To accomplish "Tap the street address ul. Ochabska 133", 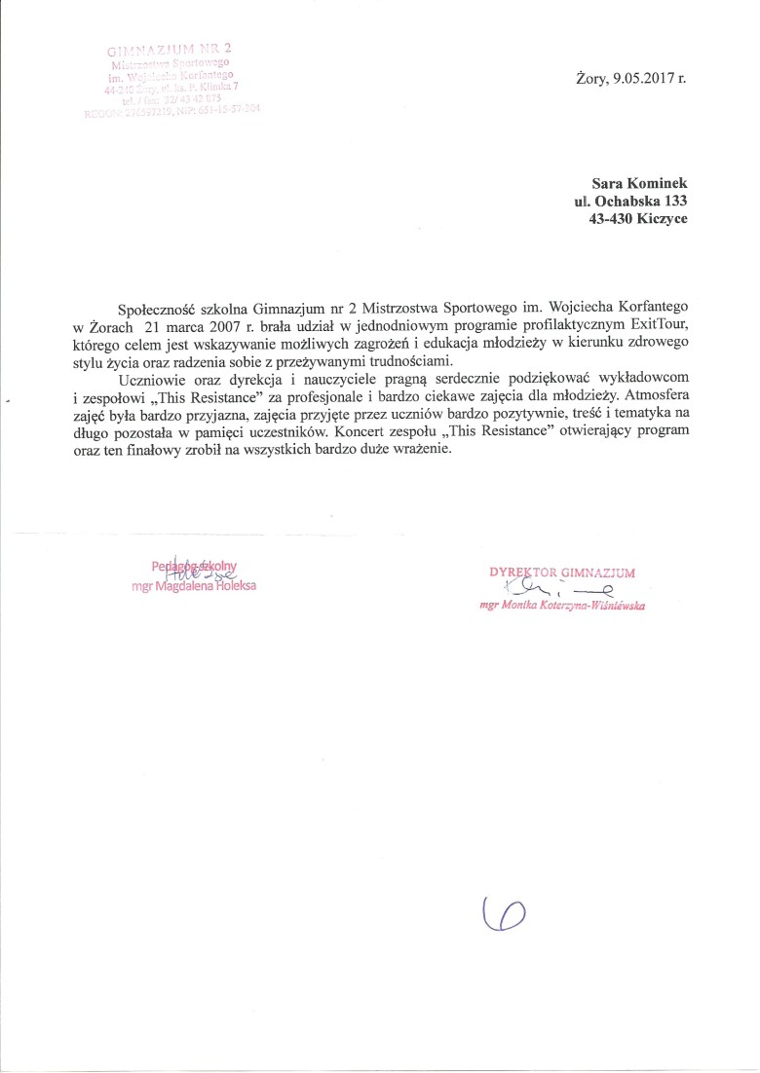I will pyautogui.click(x=630, y=201).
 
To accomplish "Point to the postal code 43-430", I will pyautogui.click(x=602, y=219).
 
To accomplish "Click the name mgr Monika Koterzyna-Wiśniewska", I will pyautogui.click(x=562, y=605).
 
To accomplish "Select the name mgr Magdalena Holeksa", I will pyautogui.click(x=194, y=586).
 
